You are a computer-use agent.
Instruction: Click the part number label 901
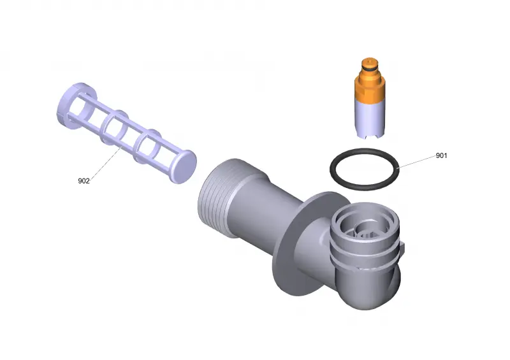coord(441,155)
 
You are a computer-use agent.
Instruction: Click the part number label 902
coord(84,181)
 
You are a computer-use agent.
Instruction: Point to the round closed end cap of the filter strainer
coord(184,166)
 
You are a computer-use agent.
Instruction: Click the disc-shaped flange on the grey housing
coord(286,247)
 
